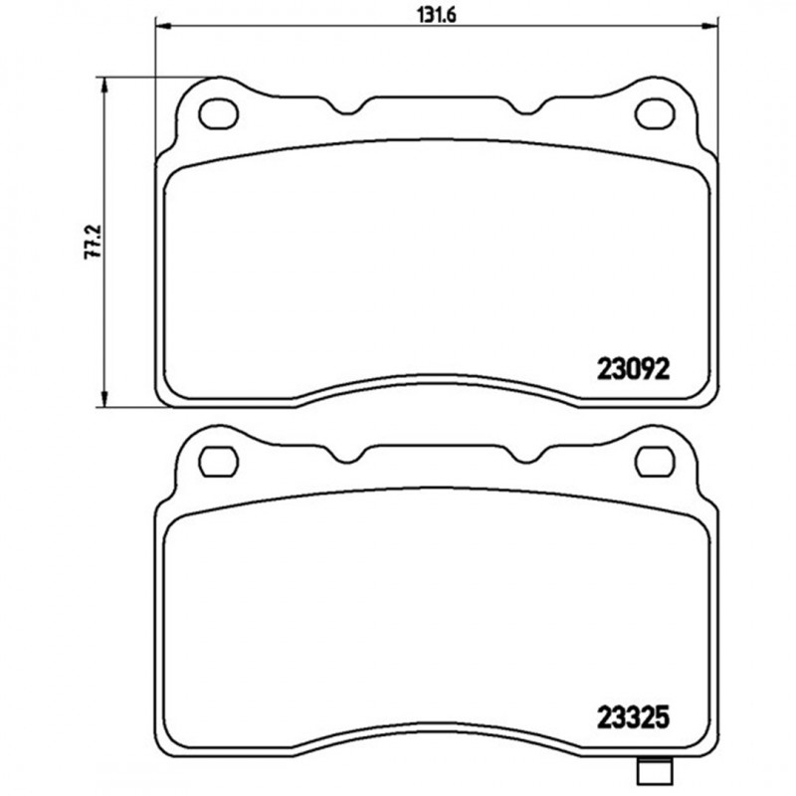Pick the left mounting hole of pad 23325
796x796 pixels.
[216, 460]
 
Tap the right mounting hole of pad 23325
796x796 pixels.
[654, 460]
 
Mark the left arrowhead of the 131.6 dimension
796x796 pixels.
[161, 27]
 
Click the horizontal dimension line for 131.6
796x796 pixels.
[298, 27]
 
